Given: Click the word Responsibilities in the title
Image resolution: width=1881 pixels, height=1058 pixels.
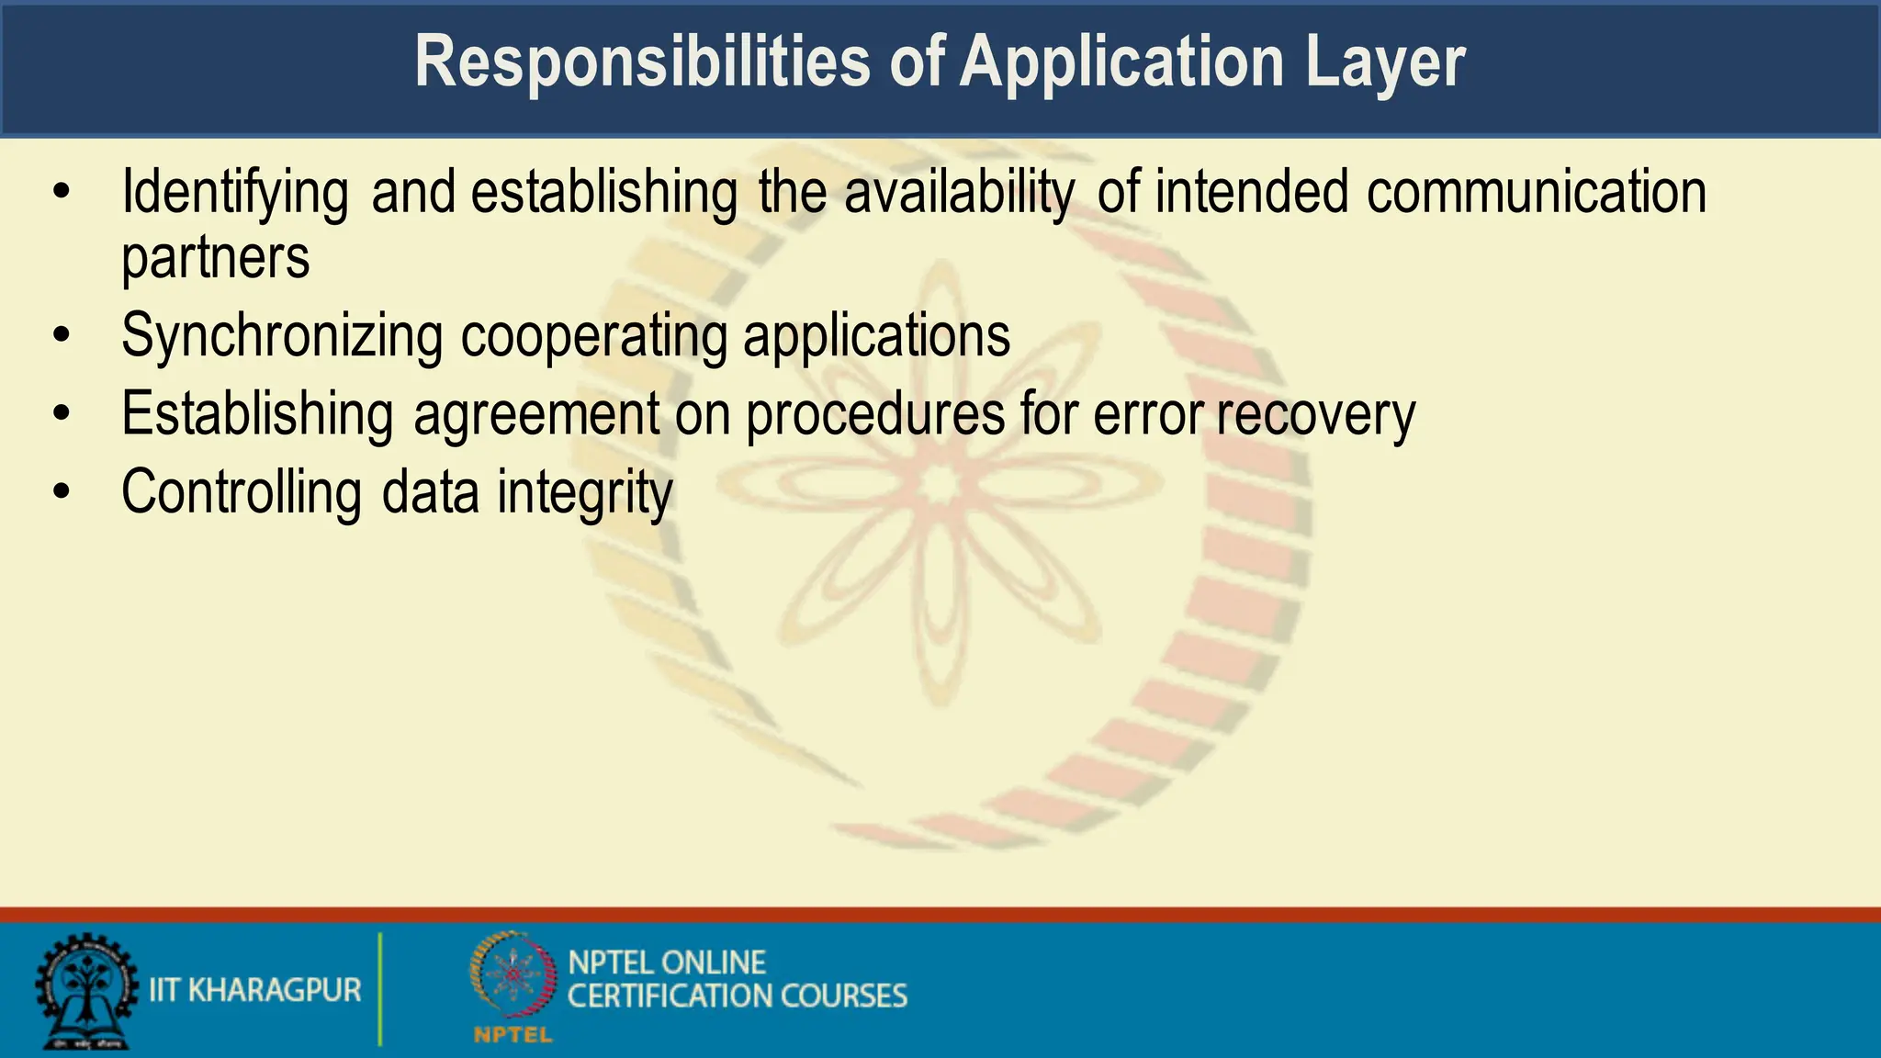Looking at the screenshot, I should pos(642,62).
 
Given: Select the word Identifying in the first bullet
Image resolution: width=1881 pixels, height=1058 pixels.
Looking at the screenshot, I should pos(235,193).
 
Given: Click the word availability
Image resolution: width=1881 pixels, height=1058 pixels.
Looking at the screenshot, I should pos(958,193).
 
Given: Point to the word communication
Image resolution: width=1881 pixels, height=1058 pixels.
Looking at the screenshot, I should pos(1536,193).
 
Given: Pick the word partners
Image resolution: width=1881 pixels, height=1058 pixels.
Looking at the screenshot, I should pos(216,259).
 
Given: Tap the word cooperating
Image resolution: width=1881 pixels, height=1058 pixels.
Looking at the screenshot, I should pos(593,336).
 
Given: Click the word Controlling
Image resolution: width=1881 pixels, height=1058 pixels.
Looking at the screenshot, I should pos(242,493).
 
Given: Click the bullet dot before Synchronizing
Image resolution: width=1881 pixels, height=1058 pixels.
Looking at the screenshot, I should pos(62,335).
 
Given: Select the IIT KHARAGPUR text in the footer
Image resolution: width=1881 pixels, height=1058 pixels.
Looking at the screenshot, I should pos(255,990).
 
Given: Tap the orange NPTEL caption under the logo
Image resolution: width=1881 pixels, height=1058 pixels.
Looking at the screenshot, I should pos(512,1036).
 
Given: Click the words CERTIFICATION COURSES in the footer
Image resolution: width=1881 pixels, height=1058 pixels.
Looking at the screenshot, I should pos(737,996).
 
